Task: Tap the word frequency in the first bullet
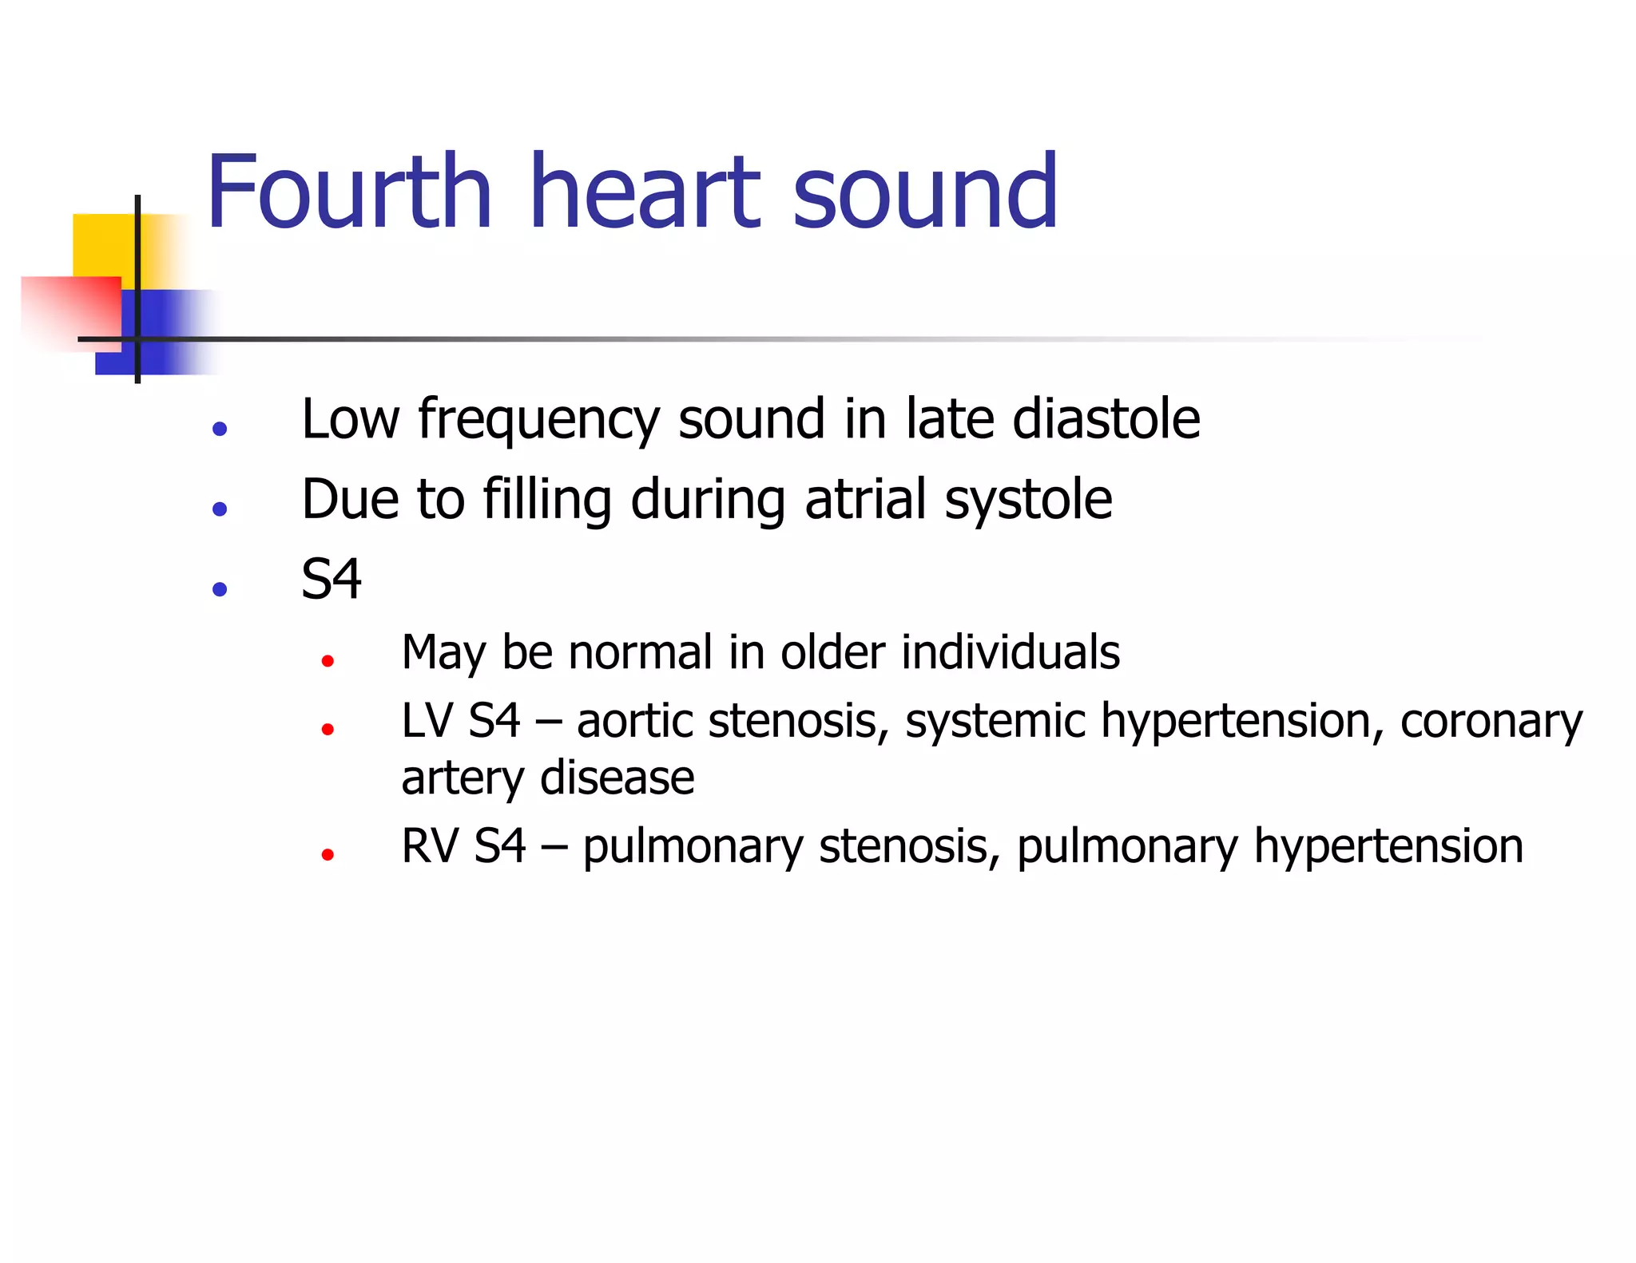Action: point(538,420)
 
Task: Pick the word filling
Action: point(548,501)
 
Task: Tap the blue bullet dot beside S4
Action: point(220,589)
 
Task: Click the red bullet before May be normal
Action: point(327,661)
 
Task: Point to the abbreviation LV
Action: point(427,721)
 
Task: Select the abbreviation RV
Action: point(429,846)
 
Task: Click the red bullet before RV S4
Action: point(327,855)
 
